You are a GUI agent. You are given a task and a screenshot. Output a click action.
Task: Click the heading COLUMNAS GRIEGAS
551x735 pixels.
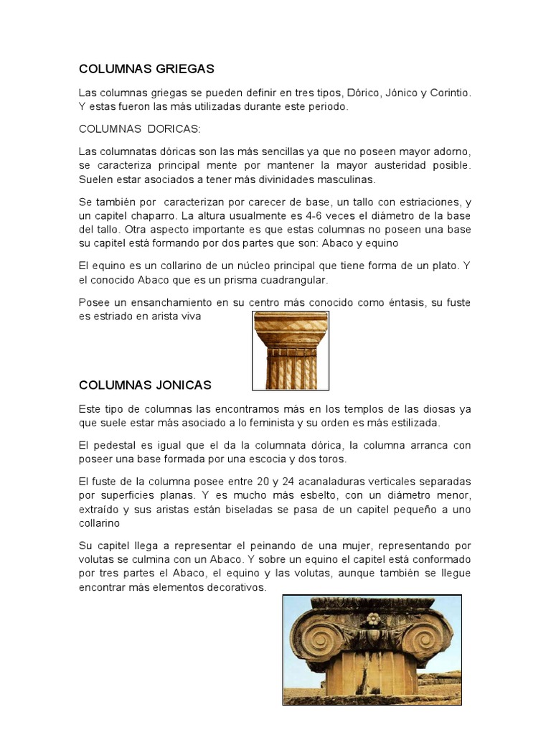click(x=146, y=69)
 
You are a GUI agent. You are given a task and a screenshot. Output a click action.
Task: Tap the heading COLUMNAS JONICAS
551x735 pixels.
click(x=145, y=385)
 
